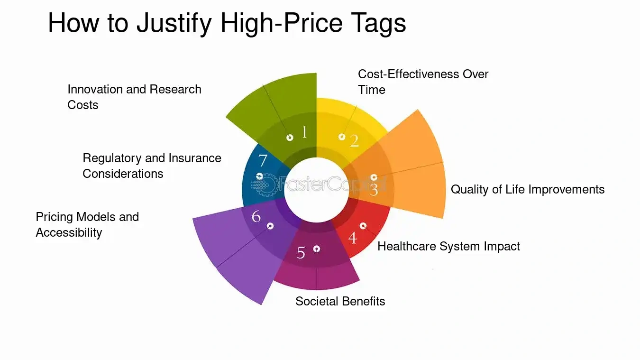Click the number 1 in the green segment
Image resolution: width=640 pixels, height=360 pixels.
[304, 132]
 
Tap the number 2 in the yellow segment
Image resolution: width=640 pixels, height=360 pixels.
[354, 141]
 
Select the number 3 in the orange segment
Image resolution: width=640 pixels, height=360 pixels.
[374, 190]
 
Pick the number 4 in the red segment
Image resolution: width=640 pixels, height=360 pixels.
[353, 238]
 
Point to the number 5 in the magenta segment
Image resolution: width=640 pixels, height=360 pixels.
[301, 253]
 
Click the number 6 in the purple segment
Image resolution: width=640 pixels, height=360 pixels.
[256, 216]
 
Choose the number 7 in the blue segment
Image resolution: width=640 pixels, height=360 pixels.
[263, 160]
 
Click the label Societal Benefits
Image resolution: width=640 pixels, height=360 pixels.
[340, 301]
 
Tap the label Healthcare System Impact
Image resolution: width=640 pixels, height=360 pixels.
[448, 246]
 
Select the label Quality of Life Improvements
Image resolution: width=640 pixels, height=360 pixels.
[528, 190]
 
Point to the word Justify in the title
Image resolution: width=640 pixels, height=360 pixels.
[174, 23]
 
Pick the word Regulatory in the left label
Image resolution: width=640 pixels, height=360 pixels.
[112, 158]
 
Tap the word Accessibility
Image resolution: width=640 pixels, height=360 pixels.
[69, 233]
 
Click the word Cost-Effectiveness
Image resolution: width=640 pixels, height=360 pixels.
[409, 74]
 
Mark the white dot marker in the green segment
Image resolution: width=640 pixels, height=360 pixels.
[290, 138]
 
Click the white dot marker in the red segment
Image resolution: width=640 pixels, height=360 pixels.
[363, 226]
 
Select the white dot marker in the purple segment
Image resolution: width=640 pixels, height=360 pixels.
[270, 226]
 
